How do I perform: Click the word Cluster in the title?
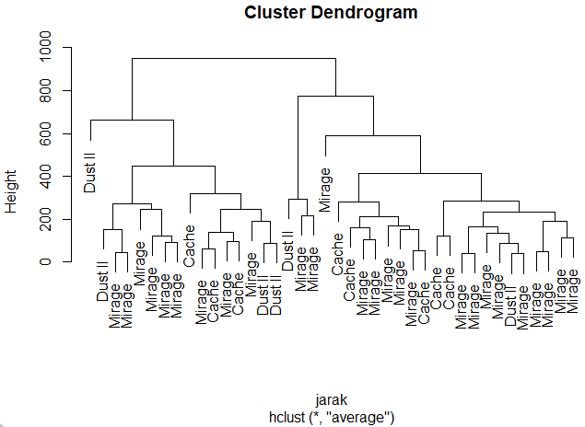click(x=275, y=13)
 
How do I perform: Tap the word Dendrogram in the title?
click(x=364, y=13)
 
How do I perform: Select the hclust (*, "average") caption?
click(x=331, y=417)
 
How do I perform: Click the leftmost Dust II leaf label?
click(x=90, y=166)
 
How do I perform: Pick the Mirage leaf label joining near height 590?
click(x=325, y=190)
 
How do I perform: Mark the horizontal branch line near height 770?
click(x=334, y=96)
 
